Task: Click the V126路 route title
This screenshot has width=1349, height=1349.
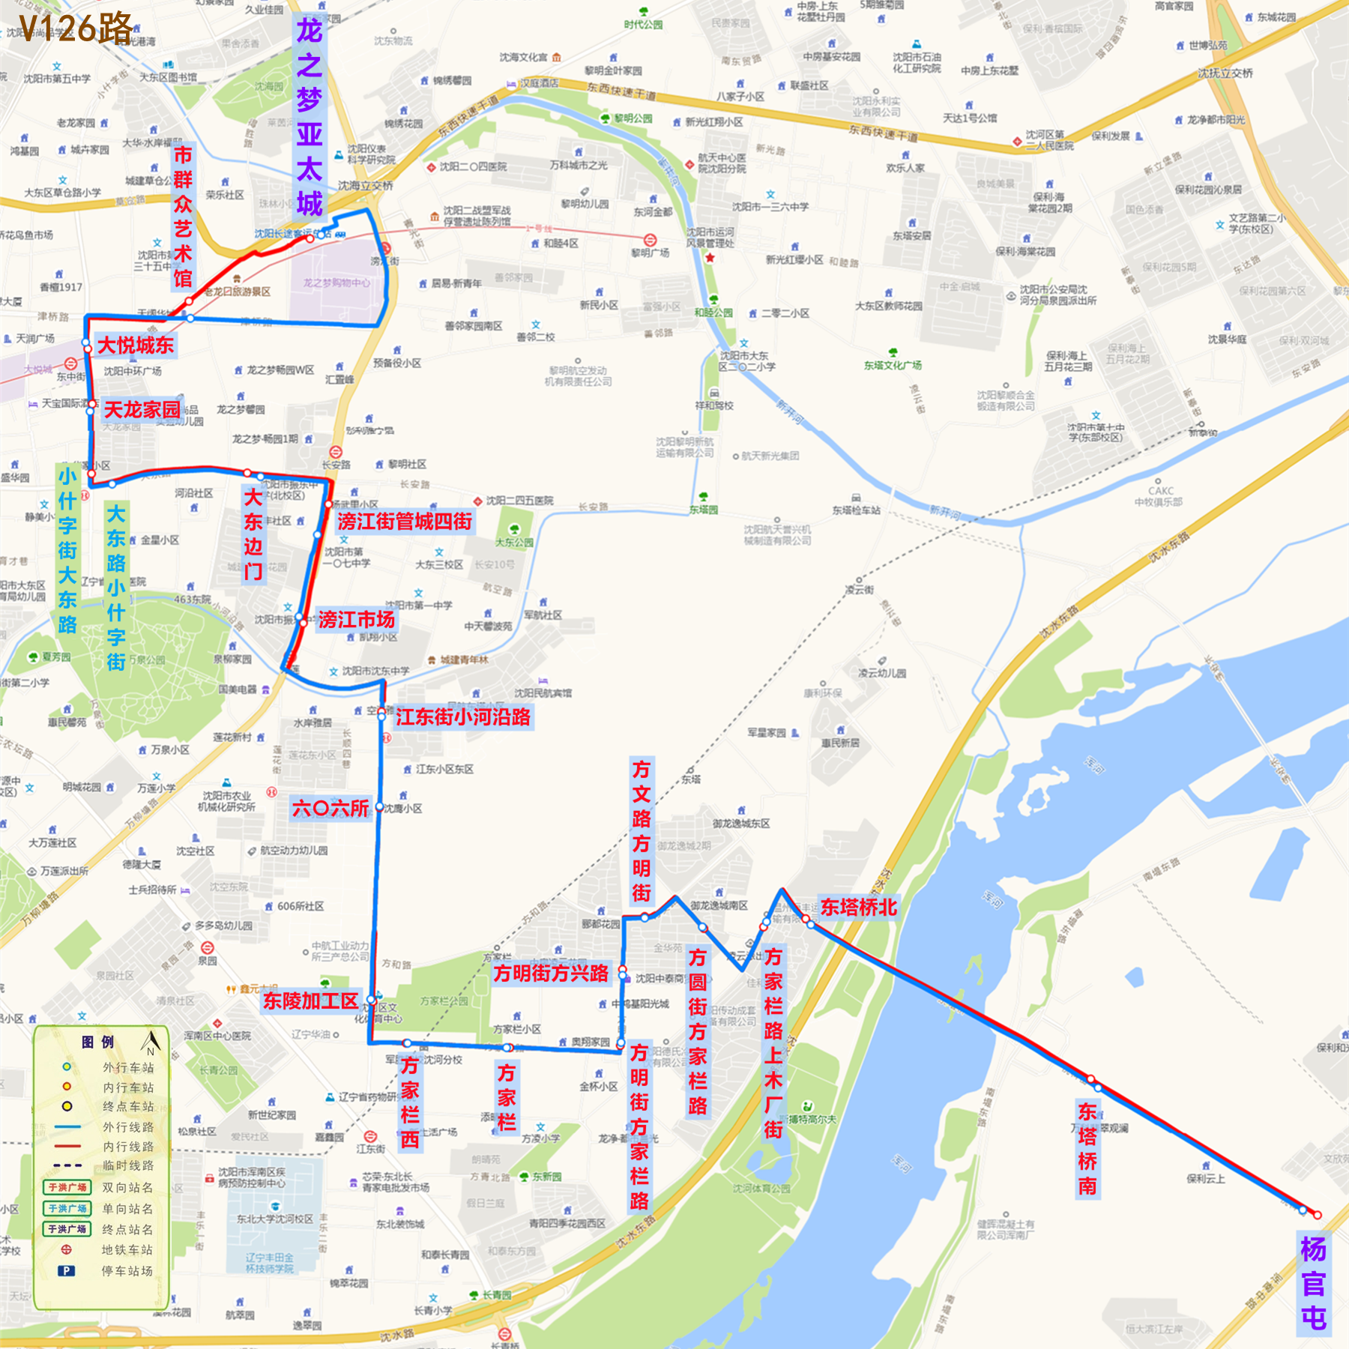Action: coord(76,28)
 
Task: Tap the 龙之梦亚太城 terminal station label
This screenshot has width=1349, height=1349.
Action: coord(309,117)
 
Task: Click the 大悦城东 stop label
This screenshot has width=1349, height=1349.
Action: coord(136,345)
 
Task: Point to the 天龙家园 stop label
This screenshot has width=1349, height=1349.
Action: coord(142,410)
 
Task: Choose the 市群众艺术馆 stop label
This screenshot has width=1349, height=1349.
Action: coord(183,217)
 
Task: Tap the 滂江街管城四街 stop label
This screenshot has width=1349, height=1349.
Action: coord(404,522)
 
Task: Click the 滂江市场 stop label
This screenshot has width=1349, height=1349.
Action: coord(356,620)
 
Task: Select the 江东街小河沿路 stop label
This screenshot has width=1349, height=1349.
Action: coord(463,717)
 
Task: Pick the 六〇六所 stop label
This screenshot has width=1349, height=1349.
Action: coord(331,809)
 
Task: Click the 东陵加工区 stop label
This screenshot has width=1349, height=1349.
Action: coord(310,1001)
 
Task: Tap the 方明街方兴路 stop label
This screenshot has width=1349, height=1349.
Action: coord(551,974)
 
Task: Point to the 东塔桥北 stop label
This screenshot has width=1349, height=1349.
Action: coord(858,908)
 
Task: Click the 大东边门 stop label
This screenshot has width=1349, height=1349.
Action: coord(253,534)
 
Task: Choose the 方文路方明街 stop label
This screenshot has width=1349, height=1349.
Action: coord(642,830)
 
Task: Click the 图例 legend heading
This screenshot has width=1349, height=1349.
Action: coord(97,1042)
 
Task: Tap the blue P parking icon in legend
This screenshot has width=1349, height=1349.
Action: coord(67,1271)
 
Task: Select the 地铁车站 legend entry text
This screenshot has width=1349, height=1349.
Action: coord(127,1250)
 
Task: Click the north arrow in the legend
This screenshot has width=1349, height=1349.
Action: coord(151,1041)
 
